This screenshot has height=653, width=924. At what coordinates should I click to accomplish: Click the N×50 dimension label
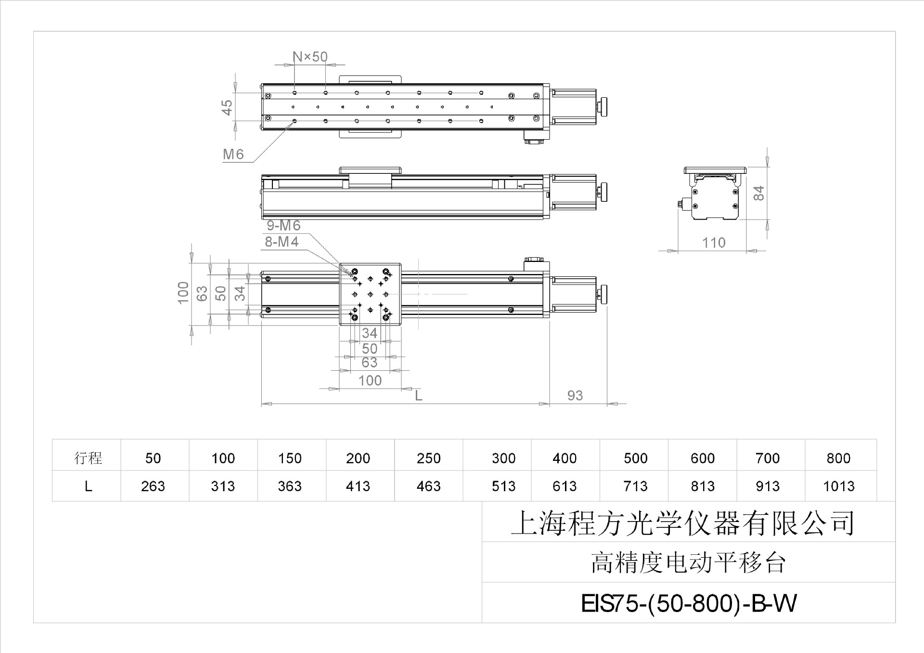(x=310, y=57)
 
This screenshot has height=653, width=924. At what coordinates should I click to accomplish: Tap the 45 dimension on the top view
(x=227, y=107)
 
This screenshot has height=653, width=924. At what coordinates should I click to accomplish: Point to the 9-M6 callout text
(x=283, y=225)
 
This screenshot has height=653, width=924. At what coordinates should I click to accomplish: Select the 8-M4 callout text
(x=282, y=242)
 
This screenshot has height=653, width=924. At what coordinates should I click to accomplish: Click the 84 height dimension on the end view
(x=758, y=193)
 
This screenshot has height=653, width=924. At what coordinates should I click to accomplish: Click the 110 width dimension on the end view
(x=713, y=243)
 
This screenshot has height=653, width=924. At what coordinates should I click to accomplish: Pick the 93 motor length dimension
(x=575, y=395)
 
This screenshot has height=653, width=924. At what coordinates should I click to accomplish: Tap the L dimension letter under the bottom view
(x=419, y=395)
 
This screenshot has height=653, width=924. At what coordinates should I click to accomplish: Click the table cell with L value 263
(x=153, y=486)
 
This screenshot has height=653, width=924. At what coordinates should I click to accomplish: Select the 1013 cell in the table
(x=839, y=486)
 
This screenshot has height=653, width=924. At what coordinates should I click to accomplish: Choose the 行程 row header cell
(x=88, y=457)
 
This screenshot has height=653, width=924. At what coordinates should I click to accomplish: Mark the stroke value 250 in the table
(x=428, y=458)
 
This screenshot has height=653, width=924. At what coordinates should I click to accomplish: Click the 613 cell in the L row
(x=565, y=486)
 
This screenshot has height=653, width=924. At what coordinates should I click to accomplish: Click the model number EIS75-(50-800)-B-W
(x=689, y=603)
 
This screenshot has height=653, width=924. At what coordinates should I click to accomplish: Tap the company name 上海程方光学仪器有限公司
(x=682, y=523)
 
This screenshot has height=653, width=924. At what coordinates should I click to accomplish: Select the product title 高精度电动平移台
(x=688, y=562)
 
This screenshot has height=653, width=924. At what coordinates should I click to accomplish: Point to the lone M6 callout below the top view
(x=233, y=154)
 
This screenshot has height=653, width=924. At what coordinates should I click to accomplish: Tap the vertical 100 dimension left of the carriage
(x=183, y=293)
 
